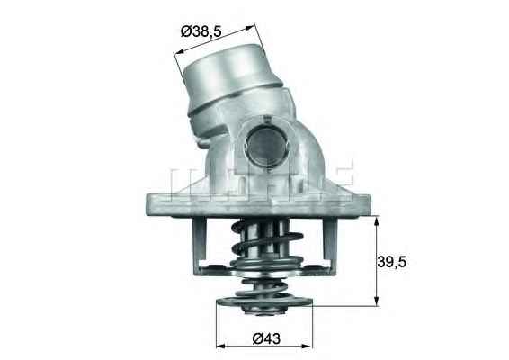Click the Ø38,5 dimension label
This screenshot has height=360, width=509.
210,31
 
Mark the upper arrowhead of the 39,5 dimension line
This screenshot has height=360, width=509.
375,217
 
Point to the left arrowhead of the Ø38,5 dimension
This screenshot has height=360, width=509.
176,58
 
